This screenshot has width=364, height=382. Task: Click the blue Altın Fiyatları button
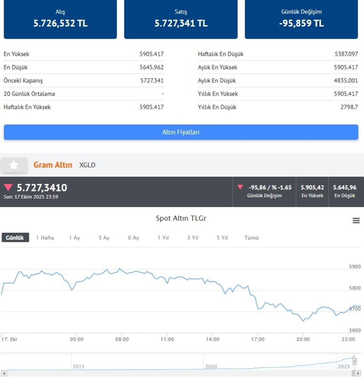coord(181,132)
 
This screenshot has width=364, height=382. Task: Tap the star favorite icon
coord(14,165)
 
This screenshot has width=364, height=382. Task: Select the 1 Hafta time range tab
coord(45,237)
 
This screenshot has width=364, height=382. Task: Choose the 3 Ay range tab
coord(104,237)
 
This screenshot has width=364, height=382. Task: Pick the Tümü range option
coord(251,237)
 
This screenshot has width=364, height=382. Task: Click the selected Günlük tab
coord(15,237)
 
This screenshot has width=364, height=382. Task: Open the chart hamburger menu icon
coord(356,220)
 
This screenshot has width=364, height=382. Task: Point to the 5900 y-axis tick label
coord(355,266)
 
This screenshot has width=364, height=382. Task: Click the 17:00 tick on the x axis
coord(258,339)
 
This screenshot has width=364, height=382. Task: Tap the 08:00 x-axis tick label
coord(122,339)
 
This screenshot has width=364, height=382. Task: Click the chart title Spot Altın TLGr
coord(181,218)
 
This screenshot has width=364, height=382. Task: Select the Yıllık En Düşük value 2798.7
coord(349,107)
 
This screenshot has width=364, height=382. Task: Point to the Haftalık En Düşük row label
coord(220,54)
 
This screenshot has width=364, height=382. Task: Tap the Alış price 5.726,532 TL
coord(60,23)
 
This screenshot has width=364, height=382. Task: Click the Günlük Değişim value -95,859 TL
coord(301,23)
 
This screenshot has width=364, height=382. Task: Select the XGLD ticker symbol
coord(87,165)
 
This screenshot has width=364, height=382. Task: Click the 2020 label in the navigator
coord(211,367)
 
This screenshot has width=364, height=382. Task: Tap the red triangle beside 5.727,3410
coord(8,187)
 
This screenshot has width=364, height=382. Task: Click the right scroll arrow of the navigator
coord(358,373)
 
